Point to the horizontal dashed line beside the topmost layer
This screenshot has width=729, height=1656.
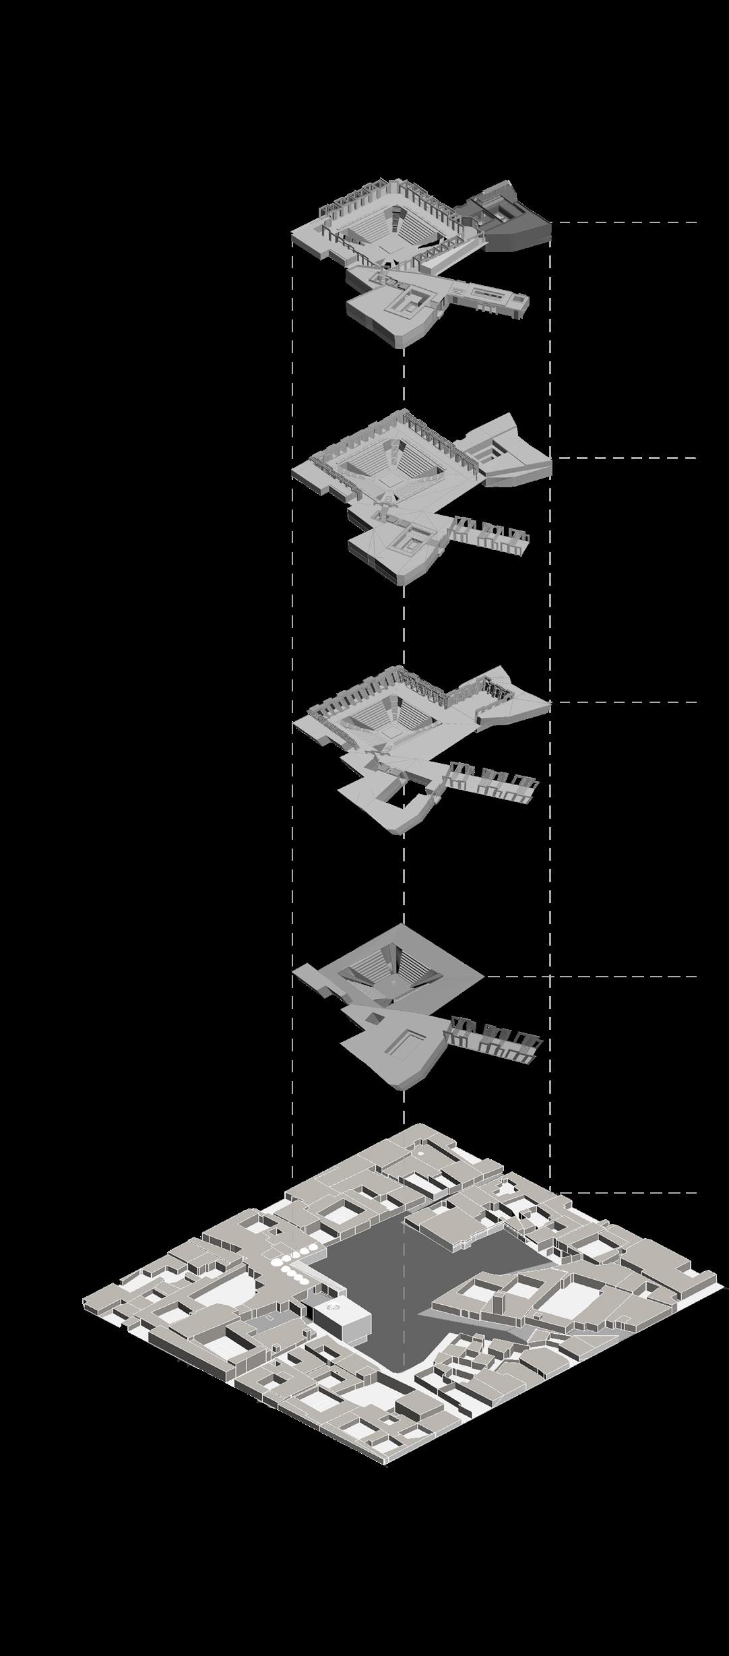[x=627, y=222]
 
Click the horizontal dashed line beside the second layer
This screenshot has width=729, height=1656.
[x=627, y=458]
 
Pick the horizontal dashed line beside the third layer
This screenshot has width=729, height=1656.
[x=627, y=702]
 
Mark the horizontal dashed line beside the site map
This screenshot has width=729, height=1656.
[x=627, y=1193]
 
